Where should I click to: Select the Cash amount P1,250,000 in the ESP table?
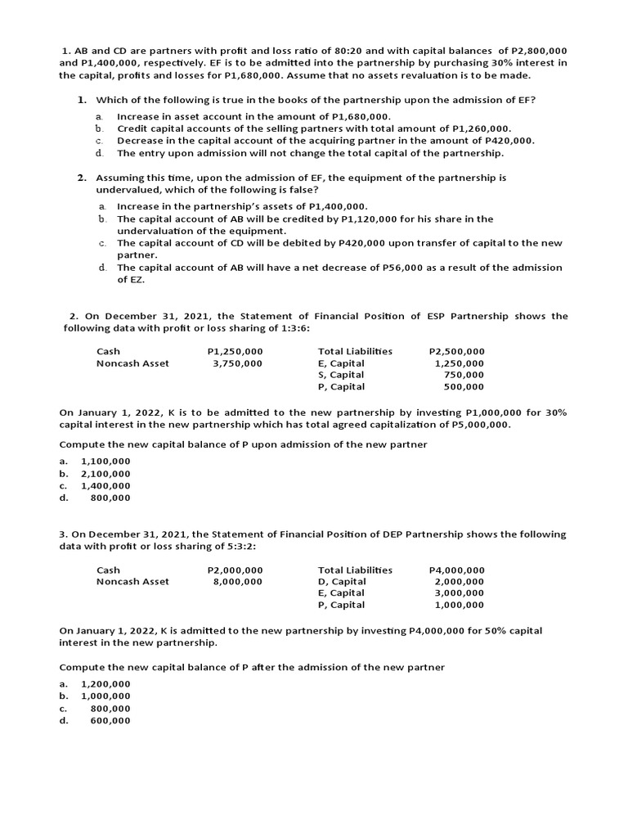235,351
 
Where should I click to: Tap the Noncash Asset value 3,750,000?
237,363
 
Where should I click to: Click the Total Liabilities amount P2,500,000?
456,351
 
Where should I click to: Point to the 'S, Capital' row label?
341,375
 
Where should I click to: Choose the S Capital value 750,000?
464,375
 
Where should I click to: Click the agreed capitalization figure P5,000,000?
480,425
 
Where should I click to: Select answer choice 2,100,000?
105,473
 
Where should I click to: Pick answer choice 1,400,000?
105,485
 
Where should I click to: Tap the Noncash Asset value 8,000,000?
237,582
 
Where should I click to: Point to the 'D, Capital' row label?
342,582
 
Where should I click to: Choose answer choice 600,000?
110,720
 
